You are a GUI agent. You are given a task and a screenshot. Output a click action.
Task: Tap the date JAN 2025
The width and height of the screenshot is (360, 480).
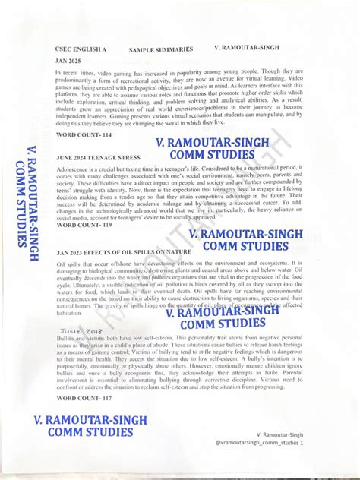(x=69, y=60)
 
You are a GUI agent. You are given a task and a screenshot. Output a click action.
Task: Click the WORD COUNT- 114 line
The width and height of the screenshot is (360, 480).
(x=84, y=134)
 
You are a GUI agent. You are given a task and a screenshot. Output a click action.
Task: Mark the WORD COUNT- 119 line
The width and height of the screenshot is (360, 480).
(x=84, y=226)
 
